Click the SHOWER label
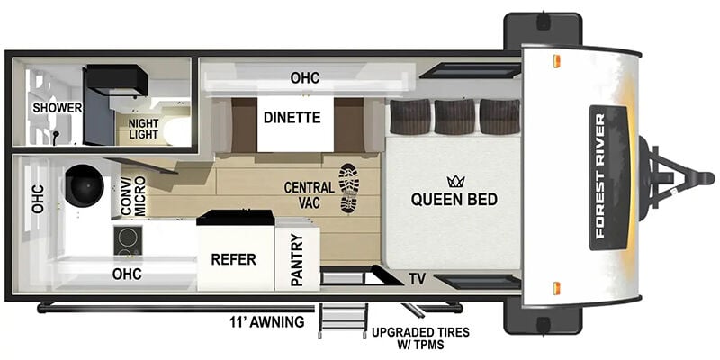(58, 108)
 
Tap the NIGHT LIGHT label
(143, 129)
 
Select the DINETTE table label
(292, 118)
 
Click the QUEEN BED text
(454, 199)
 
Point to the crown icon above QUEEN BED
(456, 182)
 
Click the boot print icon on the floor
(349, 188)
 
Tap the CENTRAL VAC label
(309, 194)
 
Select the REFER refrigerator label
(234, 259)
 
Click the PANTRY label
(297, 260)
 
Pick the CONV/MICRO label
(133, 195)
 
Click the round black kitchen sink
(85, 185)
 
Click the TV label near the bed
(418, 278)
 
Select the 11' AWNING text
(267, 322)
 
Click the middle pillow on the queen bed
(454, 117)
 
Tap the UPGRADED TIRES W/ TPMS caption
(421, 338)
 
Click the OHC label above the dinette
(305, 78)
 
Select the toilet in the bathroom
(176, 130)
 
